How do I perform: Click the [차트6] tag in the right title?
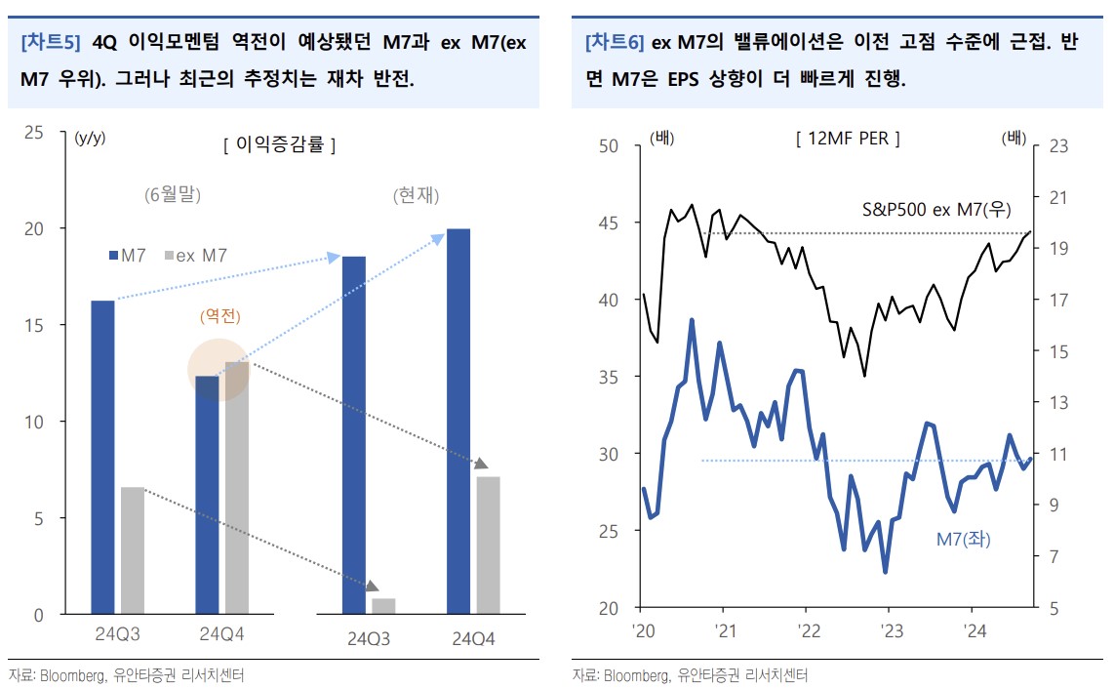pyautogui.click(x=615, y=43)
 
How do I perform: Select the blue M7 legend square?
pyautogui.click(x=113, y=256)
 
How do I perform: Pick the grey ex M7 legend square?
pyautogui.click(x=169, y=256)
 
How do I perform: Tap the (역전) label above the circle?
pyautogui.click(x=220, y=316)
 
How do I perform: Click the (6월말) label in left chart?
pyautogui.click(x=172, y=194)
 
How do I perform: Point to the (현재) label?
pyautogui.click(x=417, y=195)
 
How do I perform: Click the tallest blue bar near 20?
pyautogui.click(x=458, y=420)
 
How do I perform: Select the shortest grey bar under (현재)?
pyautogui.click(x=384, y=606)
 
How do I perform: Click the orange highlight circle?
pyautogui.click(x=220, y=369)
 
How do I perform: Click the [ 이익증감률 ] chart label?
pyautogui.click(x=280, y=145)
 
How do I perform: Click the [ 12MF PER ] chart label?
pyautogui.click(x=848, y=139)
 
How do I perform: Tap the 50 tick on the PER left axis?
pyautogui.click(x=609, y=146)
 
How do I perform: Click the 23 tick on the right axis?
pyautogui.click(x=1059, y=146)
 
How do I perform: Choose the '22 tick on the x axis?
pyautogui.click(x=805, y=630)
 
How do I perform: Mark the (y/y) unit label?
pyautogui.click(x=90, y=138)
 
